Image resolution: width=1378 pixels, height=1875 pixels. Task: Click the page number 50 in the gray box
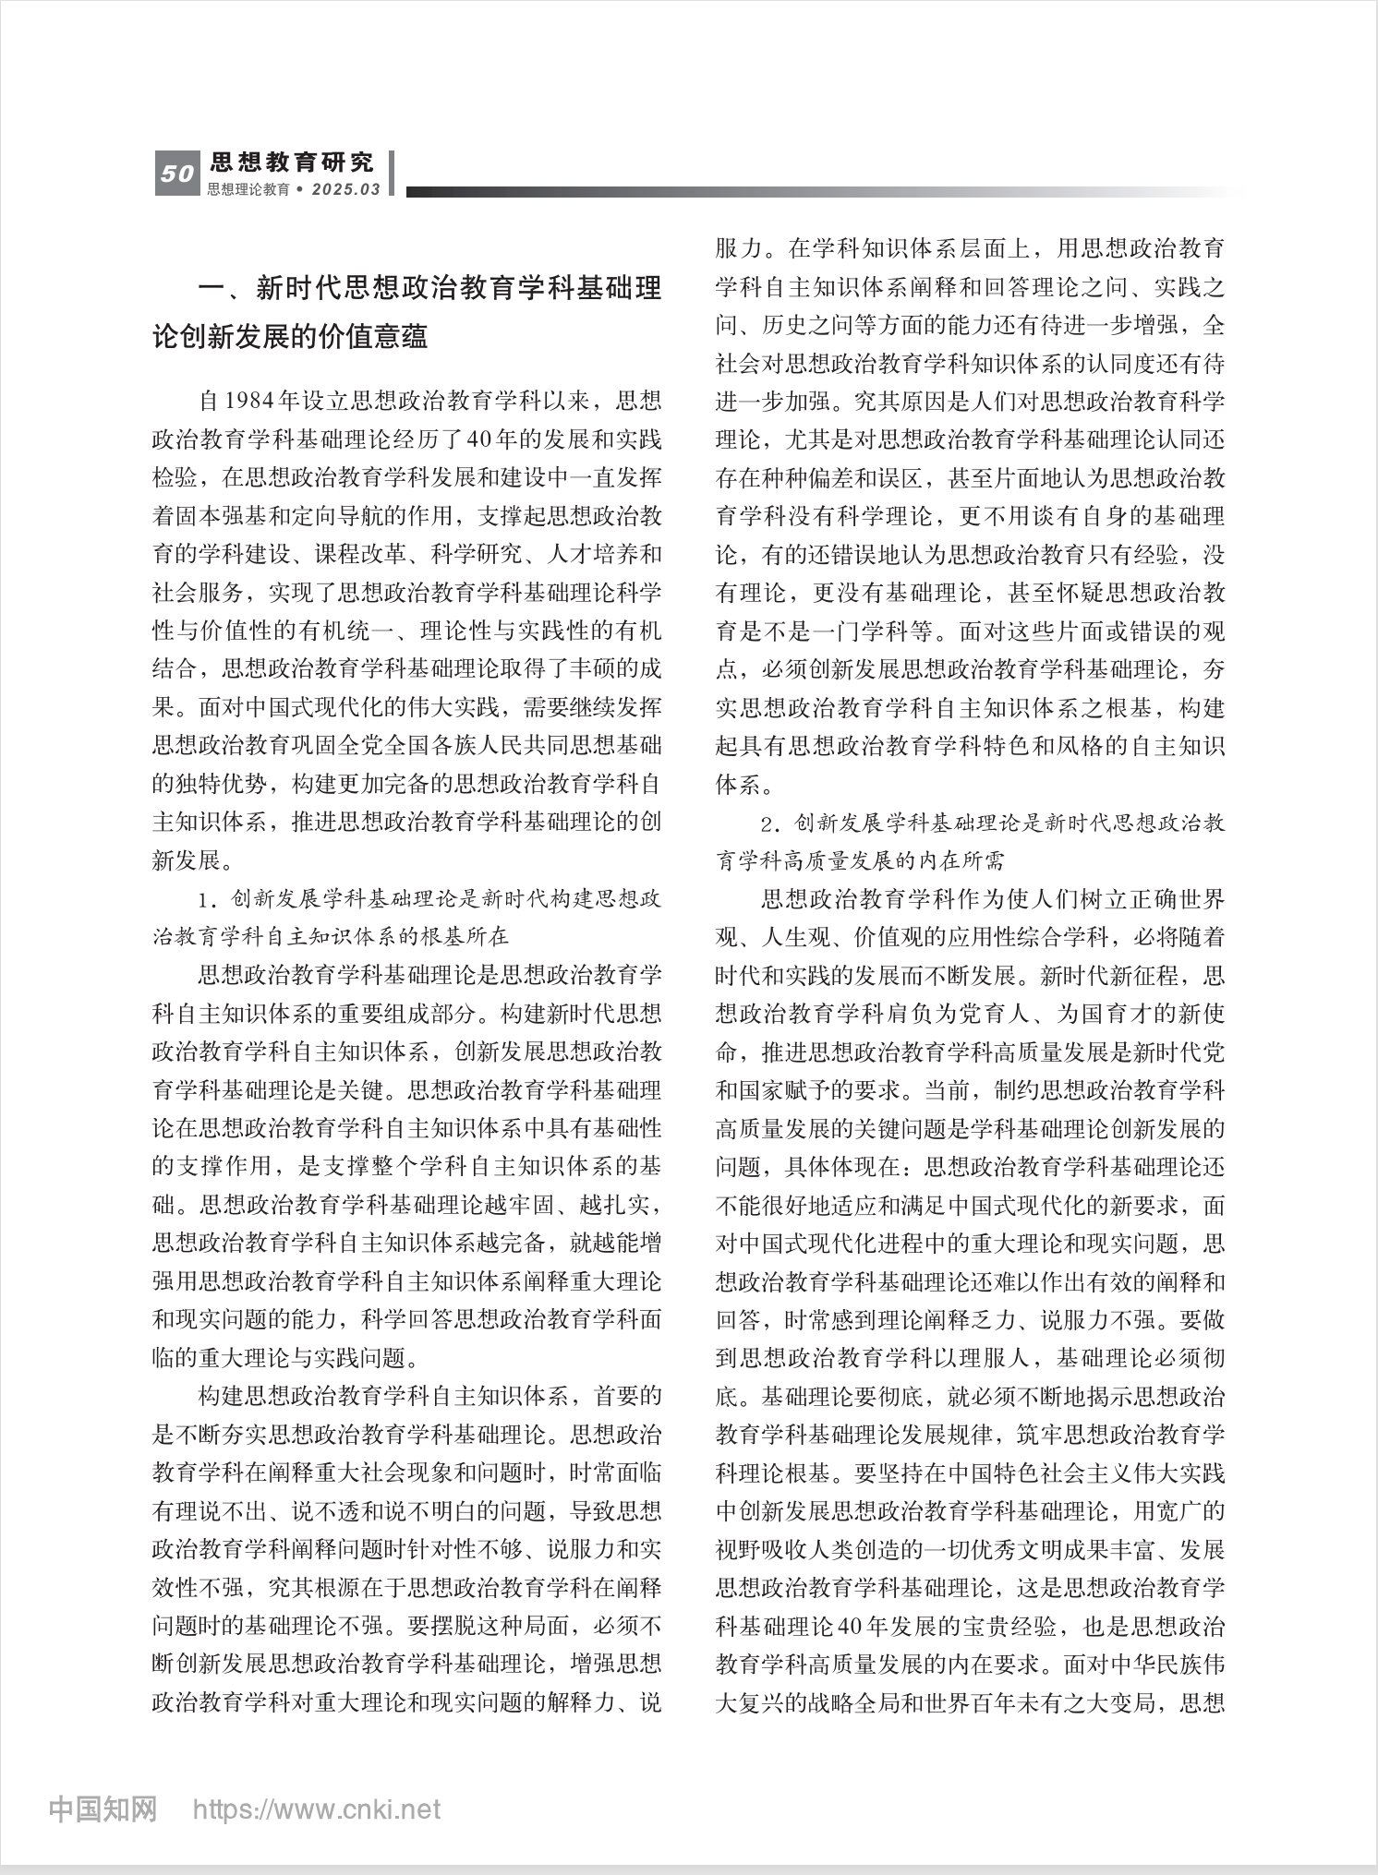176,174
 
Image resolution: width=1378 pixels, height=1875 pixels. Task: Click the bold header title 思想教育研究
292,162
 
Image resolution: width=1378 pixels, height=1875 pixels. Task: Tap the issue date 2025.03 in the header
346,189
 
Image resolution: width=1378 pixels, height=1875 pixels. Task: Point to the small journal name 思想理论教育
248,189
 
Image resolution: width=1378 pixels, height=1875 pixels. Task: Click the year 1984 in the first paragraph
248,401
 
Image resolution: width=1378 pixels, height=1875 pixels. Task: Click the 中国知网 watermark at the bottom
103,1809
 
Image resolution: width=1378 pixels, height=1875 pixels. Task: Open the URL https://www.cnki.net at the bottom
316,1809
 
